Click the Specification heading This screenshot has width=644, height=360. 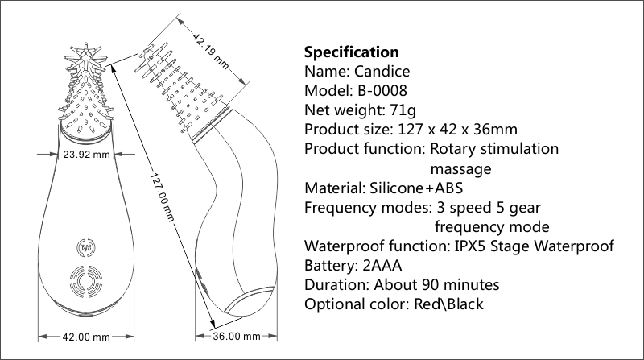351,53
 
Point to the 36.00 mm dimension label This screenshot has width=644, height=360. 236,336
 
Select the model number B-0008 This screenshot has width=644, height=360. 382,90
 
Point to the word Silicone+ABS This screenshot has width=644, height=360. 407,188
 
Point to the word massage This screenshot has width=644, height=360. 460,168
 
